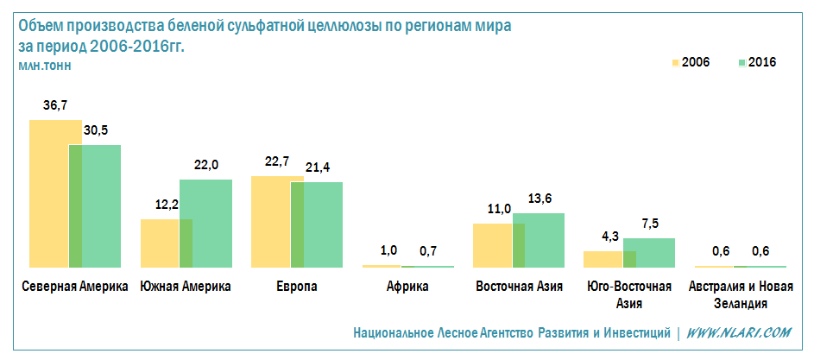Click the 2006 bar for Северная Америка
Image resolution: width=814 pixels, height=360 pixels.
point(48,193)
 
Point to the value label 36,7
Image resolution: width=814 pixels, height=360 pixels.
point(55,105)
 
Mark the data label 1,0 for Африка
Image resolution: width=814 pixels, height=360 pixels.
point(388,250)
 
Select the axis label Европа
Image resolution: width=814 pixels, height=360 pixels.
point(297,287)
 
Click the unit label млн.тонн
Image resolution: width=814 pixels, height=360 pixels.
point(44,65)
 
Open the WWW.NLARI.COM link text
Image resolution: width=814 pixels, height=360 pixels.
point(740,332)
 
